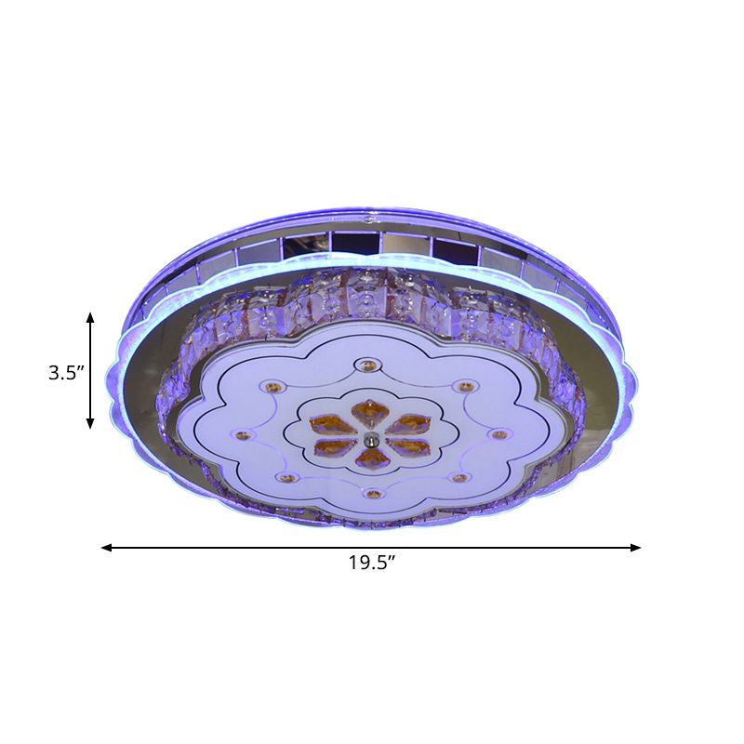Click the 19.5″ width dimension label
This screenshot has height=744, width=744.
click(x=372, y=563)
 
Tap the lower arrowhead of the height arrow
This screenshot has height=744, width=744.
click(x=90, y=424)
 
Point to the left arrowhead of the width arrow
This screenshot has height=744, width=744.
click(x=107, y=548)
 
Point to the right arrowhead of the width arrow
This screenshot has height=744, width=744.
click(x=635, y=548)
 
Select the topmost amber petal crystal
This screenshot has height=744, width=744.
click(x=367, y=409)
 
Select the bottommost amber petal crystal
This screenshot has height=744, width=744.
click(x=373, y=458)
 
